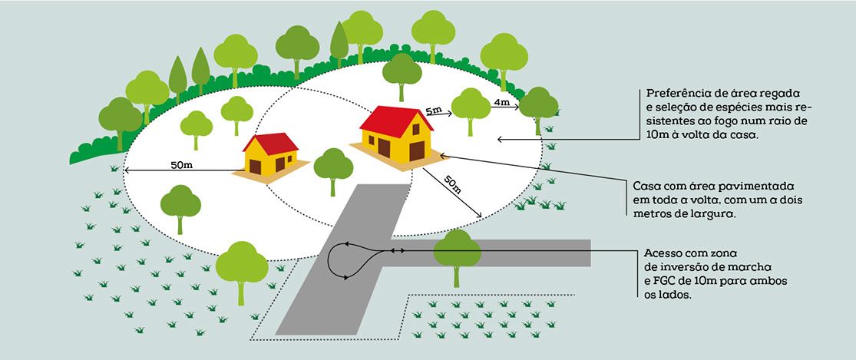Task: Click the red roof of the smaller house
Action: pos(270,143)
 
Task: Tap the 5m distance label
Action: pos(433,111)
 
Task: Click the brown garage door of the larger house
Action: pos(418,150)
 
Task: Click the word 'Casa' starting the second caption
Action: pos(647,187)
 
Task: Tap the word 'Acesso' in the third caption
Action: pos(665,253)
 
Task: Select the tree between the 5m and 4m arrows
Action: pos(471,107)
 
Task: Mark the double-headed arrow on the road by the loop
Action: pos(396,250)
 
